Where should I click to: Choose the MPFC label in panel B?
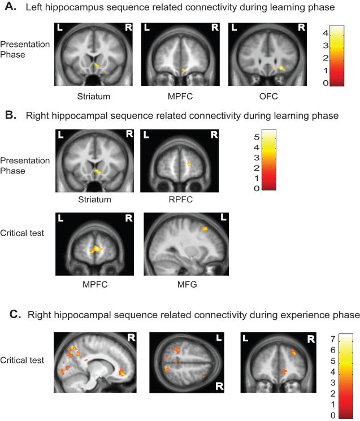95,284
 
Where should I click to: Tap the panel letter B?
8,115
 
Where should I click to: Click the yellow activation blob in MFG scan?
205,229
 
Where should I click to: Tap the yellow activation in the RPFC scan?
189,164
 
